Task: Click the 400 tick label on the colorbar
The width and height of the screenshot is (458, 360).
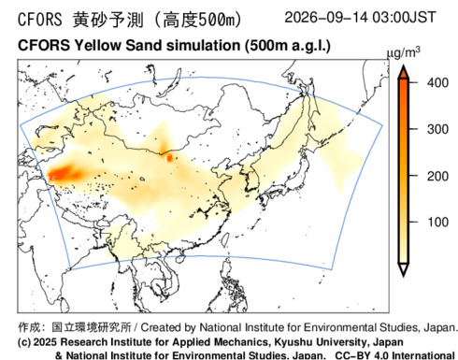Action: [x=437, y=83]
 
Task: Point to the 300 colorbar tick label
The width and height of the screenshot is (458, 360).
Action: [x=437, y=129]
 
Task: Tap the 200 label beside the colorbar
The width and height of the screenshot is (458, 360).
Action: [x=437, y=176]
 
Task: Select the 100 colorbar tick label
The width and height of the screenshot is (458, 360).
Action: [x=437, y=222]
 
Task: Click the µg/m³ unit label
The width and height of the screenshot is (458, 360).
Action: [x=403, y=53]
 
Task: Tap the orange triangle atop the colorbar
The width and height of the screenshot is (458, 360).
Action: [x=404, y=72]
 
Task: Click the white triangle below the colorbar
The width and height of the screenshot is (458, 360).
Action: [x=404, y=270]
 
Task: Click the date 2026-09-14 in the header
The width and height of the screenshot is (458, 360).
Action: [x=326, y=17]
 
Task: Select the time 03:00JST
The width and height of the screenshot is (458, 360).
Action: [x=404, y=17]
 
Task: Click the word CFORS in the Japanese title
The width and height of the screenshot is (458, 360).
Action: [x=40, y=20]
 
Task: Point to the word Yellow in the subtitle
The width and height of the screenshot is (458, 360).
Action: [x=97, y=46]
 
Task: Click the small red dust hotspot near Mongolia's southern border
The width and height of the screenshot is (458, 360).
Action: [x=169, y=158]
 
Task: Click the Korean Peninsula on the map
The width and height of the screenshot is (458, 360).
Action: [x=251, y=180]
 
